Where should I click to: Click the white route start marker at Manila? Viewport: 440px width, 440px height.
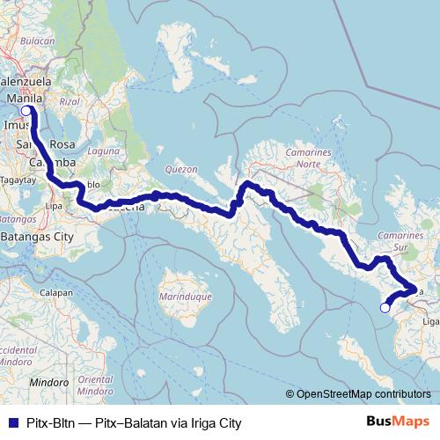tap(26, 111)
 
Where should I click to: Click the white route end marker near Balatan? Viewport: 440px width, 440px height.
tap(385, 307)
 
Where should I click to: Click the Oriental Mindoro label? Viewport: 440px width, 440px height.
tap(95, 385)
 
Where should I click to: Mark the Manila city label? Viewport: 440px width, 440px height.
tap(25, 99)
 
